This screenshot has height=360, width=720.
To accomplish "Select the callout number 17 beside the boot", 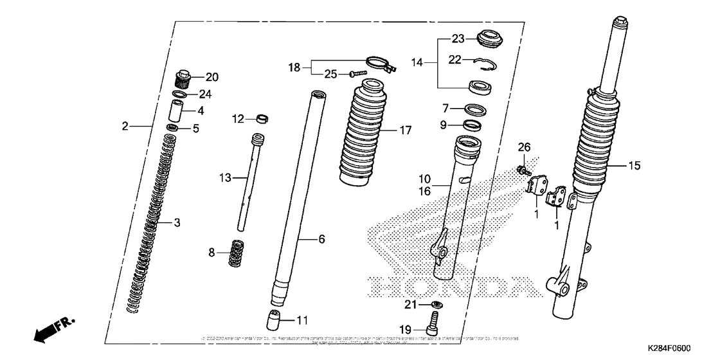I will coord(404,130).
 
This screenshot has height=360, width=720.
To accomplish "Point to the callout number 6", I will coord(321,239).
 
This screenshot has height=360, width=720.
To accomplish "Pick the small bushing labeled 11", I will coord(274,319).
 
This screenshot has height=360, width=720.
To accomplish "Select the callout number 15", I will coord(634,166).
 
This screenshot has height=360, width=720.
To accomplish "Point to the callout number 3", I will coord(177,222).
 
